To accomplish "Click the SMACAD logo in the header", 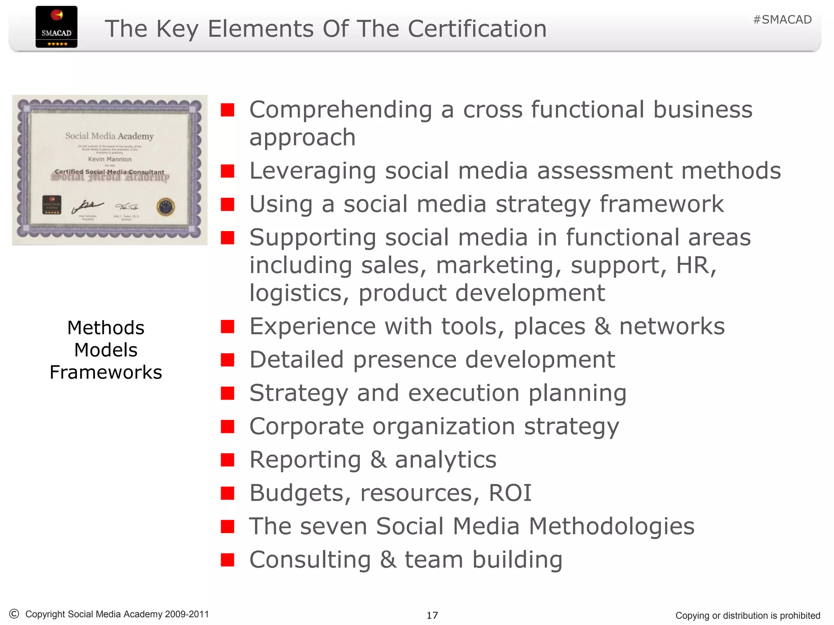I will click(56, 27).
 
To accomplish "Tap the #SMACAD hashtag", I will click(782, 20).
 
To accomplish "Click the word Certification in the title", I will click(477, 29).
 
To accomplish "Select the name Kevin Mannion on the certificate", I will click(110, 159).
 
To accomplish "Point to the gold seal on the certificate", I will click(166, 207).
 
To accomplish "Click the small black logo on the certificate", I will click(52, 205).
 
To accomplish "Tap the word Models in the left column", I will click(106, 350).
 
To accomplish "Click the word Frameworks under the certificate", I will click(106, 372).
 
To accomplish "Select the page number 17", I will click(432, 615).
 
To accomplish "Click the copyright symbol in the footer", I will click(14, 614).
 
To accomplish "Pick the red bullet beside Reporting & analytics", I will click(227, 460).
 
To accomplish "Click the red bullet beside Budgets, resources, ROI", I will click(227, 494).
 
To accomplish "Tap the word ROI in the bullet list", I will click(510, 493).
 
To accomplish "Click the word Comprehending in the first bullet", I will click(340, 110).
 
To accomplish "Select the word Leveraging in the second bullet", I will click(312, 171).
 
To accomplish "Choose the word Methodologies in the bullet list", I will click(611, 526).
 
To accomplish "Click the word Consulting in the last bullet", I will click(310, 559).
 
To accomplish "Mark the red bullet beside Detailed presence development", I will click(227, 360).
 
